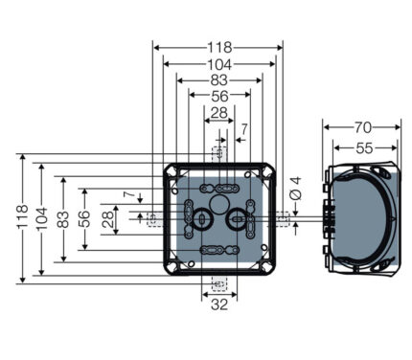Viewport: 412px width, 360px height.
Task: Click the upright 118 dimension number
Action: pos(219,48)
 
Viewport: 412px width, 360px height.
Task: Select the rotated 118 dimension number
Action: pos(23,217)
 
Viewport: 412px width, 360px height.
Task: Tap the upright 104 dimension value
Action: pos(219,64)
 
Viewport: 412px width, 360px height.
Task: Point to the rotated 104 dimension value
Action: pos(42,218)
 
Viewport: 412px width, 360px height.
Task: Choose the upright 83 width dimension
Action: pos(219,80)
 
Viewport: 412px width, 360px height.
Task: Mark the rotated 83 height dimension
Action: pos(63,219)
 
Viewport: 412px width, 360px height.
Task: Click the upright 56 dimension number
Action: pos(219,96)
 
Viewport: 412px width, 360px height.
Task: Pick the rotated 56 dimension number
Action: pos(84,219)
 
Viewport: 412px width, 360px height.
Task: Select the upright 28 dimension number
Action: pos(219,113)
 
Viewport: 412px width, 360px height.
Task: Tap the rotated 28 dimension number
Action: pos(108,219)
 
